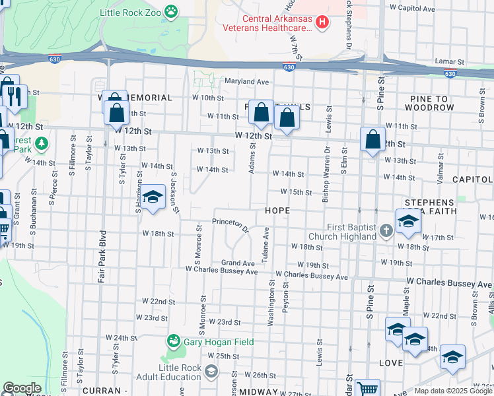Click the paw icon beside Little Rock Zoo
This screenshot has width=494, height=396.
(x=172, y=11)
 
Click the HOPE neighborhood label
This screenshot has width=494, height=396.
(x=277, y=210)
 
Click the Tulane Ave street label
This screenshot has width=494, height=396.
(x=266, y=244)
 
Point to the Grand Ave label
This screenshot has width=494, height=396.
(x=238, y=263)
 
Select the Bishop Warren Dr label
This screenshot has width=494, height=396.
(x=326, y=165)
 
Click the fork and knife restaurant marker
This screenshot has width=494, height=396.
(x=14, y=97)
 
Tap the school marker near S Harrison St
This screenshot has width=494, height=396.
(x=153, y=197)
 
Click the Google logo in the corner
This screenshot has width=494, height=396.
(x=21, y=389)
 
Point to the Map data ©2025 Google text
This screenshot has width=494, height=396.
(x=453, y=391)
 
